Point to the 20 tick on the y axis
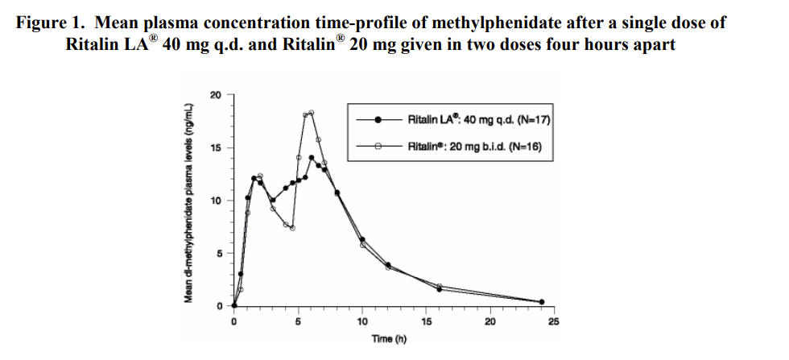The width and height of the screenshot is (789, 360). [x=213, y=95]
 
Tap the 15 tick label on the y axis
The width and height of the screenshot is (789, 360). [x=213, y=148]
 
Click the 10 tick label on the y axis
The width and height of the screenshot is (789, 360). [x=213, y=201]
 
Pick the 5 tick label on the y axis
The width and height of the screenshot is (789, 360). [x=216, y=254]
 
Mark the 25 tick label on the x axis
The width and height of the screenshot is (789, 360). [x=553, y=323]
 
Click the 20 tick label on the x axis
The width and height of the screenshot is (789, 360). [x=490, y=323]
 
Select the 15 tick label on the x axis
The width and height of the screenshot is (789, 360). [x=426, y=323]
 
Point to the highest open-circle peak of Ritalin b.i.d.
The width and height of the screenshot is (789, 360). [x=312, y=113]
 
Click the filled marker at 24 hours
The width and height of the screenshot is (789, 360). [x=541, y=302]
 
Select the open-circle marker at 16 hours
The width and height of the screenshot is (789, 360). [x=440, y=286]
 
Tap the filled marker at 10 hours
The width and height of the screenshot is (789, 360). [x=362, y=239]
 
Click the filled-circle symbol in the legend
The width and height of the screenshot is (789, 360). [x=377, y=120]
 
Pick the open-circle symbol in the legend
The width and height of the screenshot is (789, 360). [x=377, y=146]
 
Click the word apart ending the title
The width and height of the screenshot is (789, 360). [x=654, y=44]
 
